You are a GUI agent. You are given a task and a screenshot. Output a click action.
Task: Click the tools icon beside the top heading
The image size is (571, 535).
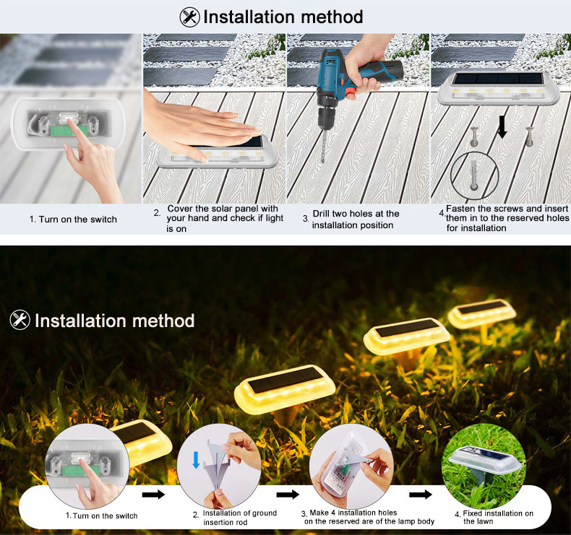[190, 17]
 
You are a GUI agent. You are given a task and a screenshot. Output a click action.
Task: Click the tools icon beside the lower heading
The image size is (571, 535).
[20, 320]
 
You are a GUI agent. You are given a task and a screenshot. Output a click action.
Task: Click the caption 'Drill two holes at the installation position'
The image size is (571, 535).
[355, 219]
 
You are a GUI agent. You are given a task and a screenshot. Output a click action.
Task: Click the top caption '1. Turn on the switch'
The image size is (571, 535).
[73, 219]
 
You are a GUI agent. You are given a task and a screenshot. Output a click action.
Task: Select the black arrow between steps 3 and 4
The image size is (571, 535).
[421, 495]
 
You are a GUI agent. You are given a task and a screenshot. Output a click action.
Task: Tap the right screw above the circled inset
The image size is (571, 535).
[530, 134]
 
